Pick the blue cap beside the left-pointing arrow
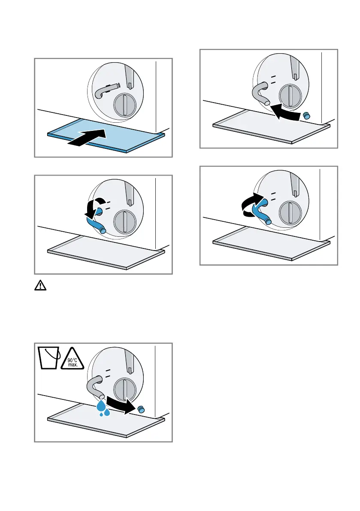pyautogui.click(x=307, y=115)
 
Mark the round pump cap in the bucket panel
pyautogui.click(x=124, y=388)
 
